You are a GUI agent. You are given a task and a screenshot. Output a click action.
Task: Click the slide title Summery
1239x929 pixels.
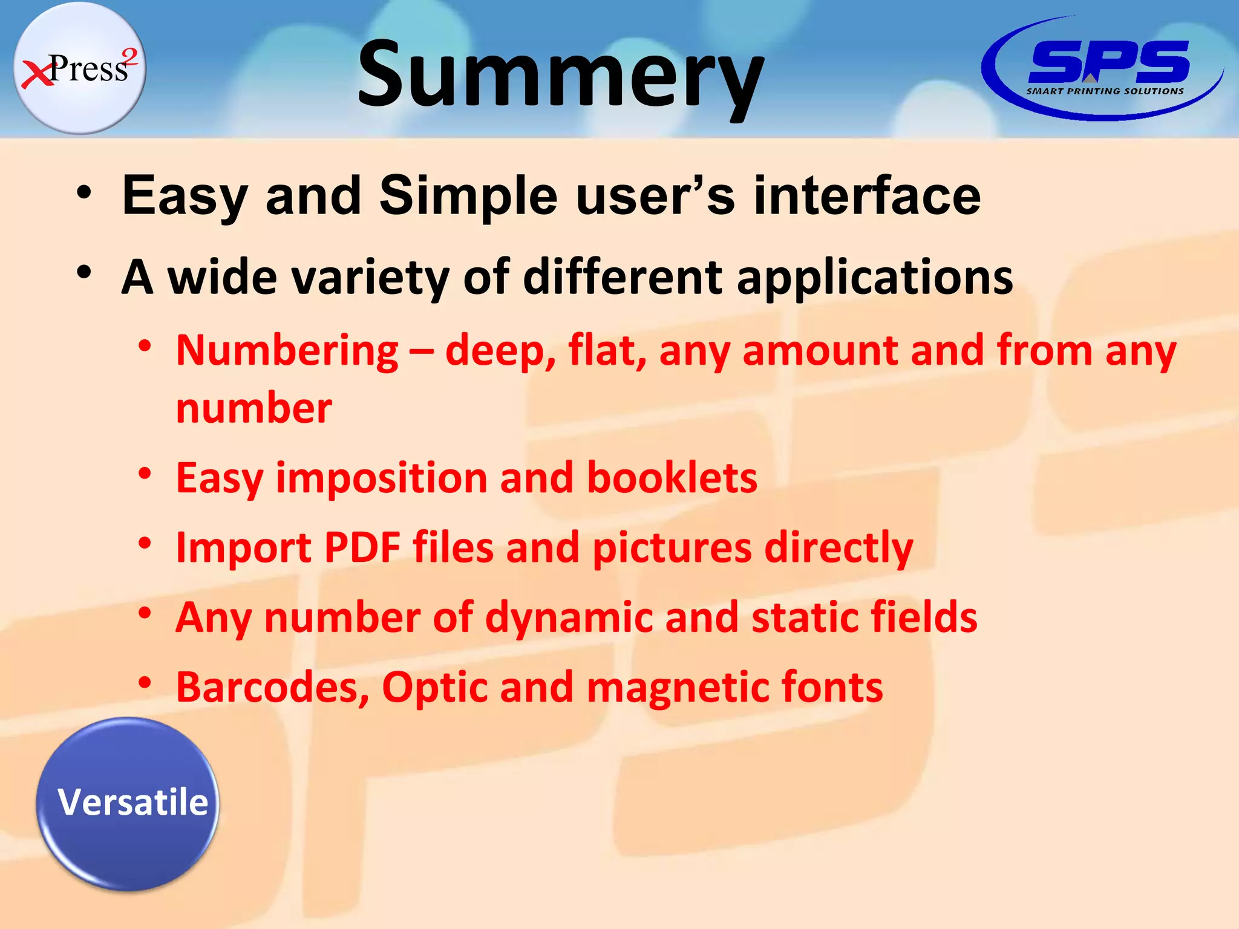(x=561, y=76)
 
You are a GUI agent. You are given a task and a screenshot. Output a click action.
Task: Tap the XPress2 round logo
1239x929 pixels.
(x=79, y=68)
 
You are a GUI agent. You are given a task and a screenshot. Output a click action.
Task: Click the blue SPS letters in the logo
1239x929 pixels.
(x=1108, y=62)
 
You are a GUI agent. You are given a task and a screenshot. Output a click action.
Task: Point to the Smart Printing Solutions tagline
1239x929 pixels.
(x=1105, y=91)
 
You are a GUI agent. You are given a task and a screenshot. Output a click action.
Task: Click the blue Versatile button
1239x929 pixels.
(x=128, y=803)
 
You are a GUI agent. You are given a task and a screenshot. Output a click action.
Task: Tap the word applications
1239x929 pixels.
(x=875, y=277)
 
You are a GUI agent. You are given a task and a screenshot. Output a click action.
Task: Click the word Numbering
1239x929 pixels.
(x=287, y=351)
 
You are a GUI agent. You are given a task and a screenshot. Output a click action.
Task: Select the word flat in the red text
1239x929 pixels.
(x=607, y=351)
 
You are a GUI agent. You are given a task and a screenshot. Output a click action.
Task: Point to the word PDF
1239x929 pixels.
(x=362, y=547)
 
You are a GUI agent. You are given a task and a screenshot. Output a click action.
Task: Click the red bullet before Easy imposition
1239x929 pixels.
(x=145, y=474)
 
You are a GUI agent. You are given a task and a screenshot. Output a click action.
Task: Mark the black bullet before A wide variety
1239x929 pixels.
(x=84, y=273)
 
